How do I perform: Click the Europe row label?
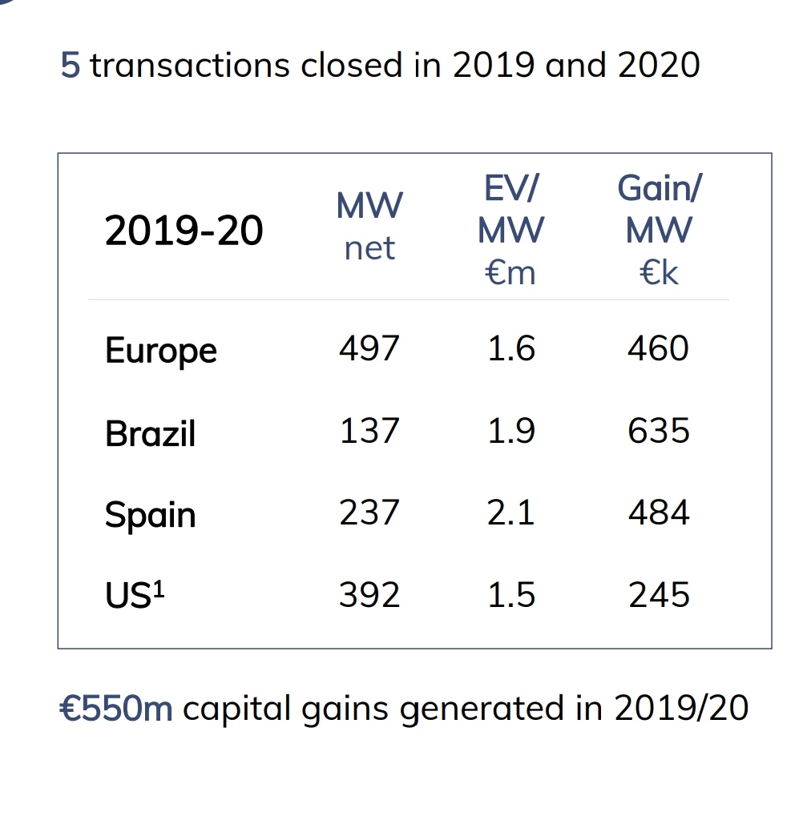[x=160, y=351]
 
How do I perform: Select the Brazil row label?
[x=150, y=433]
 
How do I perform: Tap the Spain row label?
[x=150, y=515]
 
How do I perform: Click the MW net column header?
[x=369, y=227]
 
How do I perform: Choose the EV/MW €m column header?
[x=510, y=231]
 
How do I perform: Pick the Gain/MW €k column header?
[x=659, y=231]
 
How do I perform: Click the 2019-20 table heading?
[x=184, y=231]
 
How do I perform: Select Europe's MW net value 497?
[x=369, y=349]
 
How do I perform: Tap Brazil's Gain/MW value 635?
[x=659, y=431]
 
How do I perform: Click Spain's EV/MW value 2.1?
[x=510, y=512]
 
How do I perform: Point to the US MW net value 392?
[x=369, y=595]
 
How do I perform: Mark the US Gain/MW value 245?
[x=659, y=595]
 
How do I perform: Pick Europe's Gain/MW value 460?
[x=659, y=349]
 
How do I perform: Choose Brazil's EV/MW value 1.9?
[x=510, y=431]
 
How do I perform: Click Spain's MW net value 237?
[x=369, y=512]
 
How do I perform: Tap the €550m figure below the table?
[x=116, y=708]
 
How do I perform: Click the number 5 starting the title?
[x=71, y=65]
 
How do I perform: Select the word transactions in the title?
[x=189, y=65]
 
